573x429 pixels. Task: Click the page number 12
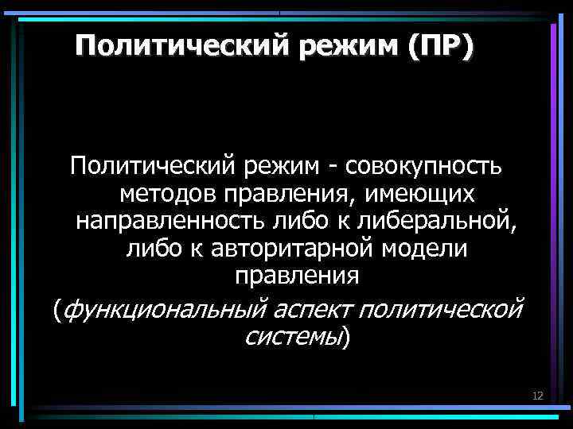(537, 396)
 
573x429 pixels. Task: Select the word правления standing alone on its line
(298, 276)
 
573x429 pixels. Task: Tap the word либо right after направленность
(278, 221)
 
